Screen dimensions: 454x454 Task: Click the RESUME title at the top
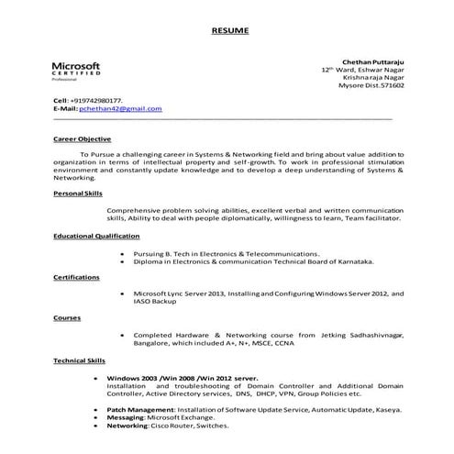(227, 30)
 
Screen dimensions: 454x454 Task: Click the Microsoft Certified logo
(76, 72)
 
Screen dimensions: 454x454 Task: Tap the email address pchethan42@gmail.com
(120, 108)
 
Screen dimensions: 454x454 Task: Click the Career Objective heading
(82, 139)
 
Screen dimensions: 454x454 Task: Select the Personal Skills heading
(78, 194)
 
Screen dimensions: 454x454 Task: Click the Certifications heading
(76, 276)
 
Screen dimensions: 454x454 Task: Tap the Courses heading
(67, 317)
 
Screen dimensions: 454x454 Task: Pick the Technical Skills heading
(80, 360)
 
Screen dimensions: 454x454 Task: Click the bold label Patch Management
(139, 409)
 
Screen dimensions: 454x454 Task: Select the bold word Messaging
(126, 417)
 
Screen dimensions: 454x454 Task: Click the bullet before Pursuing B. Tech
(122, 253)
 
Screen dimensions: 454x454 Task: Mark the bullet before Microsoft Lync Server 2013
(122, 293)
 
